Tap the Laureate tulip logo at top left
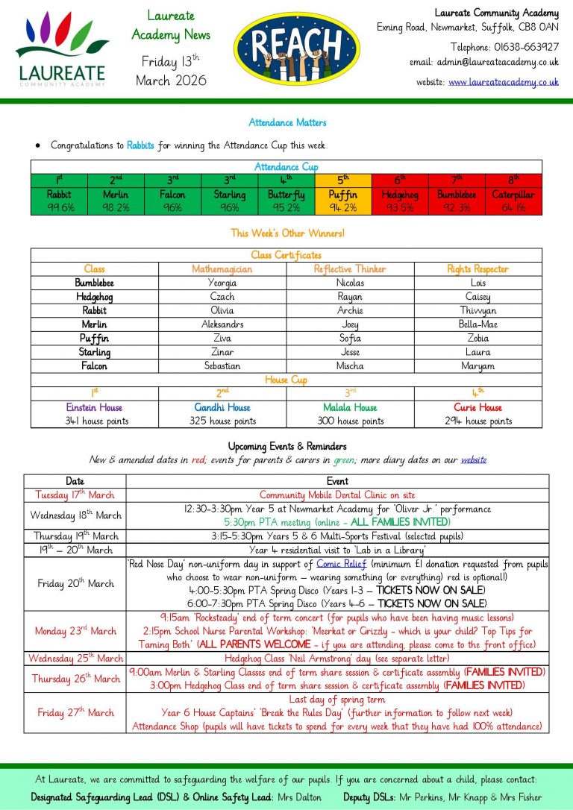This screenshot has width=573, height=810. tap(60, 48)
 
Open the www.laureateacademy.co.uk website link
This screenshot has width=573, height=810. tap(504, 81)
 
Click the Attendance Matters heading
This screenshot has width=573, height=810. tap(287, 122)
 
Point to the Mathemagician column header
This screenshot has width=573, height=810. tap(222, 269)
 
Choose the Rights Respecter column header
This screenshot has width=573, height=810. tap(477, 269)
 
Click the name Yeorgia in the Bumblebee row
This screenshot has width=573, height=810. tap(222, 283)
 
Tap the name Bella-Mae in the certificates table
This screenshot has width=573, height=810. tap(477, 324)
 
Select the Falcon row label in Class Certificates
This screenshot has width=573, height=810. tap(95, 366)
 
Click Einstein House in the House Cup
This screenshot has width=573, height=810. tap(95, 408)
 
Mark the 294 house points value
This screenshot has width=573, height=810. tap(477, 421)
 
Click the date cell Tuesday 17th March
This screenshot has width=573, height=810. tap(75, 495)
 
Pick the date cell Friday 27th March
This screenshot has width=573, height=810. tap(75, 712)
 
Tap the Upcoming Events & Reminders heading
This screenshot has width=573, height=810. tap(286, 447)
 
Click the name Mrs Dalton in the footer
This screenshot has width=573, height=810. tap(299, 797)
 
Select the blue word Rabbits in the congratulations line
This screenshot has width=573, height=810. tap(140, 145)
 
